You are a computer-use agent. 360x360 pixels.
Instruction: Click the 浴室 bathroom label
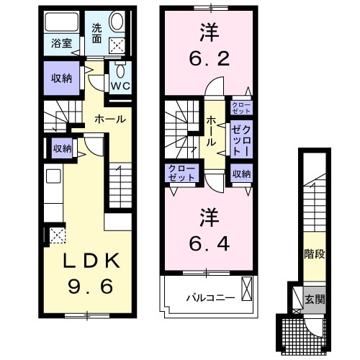click(x=62, y=43)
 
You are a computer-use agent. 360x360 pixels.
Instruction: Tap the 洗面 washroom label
click(x=97, y=34)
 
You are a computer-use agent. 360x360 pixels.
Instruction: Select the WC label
click(x=120, y=86)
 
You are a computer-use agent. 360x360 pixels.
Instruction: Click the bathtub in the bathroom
click(x=62, y=22)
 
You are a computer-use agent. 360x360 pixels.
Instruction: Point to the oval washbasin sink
click(x=117, y=22)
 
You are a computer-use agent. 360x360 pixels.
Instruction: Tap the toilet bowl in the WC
click(x=120, y=71)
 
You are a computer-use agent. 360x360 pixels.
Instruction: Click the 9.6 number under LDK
click(x=91, y=287)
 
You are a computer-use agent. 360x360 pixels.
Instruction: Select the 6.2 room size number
click(x=210, y=58)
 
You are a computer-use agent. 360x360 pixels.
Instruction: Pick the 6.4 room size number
click(x=210, y=243)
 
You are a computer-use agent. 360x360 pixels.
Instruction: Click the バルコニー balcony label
click(x=211, y=298)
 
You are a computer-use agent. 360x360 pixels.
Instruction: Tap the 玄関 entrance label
click(x=315, y=299)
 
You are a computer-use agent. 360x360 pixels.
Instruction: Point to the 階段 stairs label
click(x=315, y=254)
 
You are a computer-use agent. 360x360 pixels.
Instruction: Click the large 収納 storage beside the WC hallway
click(x=62, y=78)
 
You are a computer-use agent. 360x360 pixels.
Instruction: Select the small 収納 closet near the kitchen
click(x=63, y=148)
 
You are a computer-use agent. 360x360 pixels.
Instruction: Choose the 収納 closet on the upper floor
click(x=241, y=174)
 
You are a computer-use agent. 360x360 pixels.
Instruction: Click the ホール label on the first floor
click(x=110, y=119)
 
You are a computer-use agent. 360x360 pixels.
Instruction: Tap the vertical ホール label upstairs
click(x=211, y=131)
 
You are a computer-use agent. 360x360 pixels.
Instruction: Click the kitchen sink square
click(x=53, y=176)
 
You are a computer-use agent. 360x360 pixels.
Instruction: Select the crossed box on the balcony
click(x=247, y=289)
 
